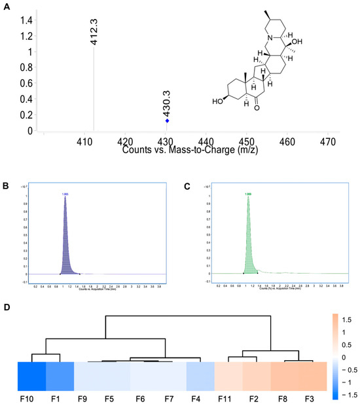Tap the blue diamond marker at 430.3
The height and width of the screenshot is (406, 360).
pos(167,121)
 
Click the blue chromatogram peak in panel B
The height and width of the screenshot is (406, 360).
pos(65,239)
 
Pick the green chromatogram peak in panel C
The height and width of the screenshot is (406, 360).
pos(249,239)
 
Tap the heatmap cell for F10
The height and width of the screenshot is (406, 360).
pos(31,378)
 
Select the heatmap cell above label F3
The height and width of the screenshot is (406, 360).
pos(312,378)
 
